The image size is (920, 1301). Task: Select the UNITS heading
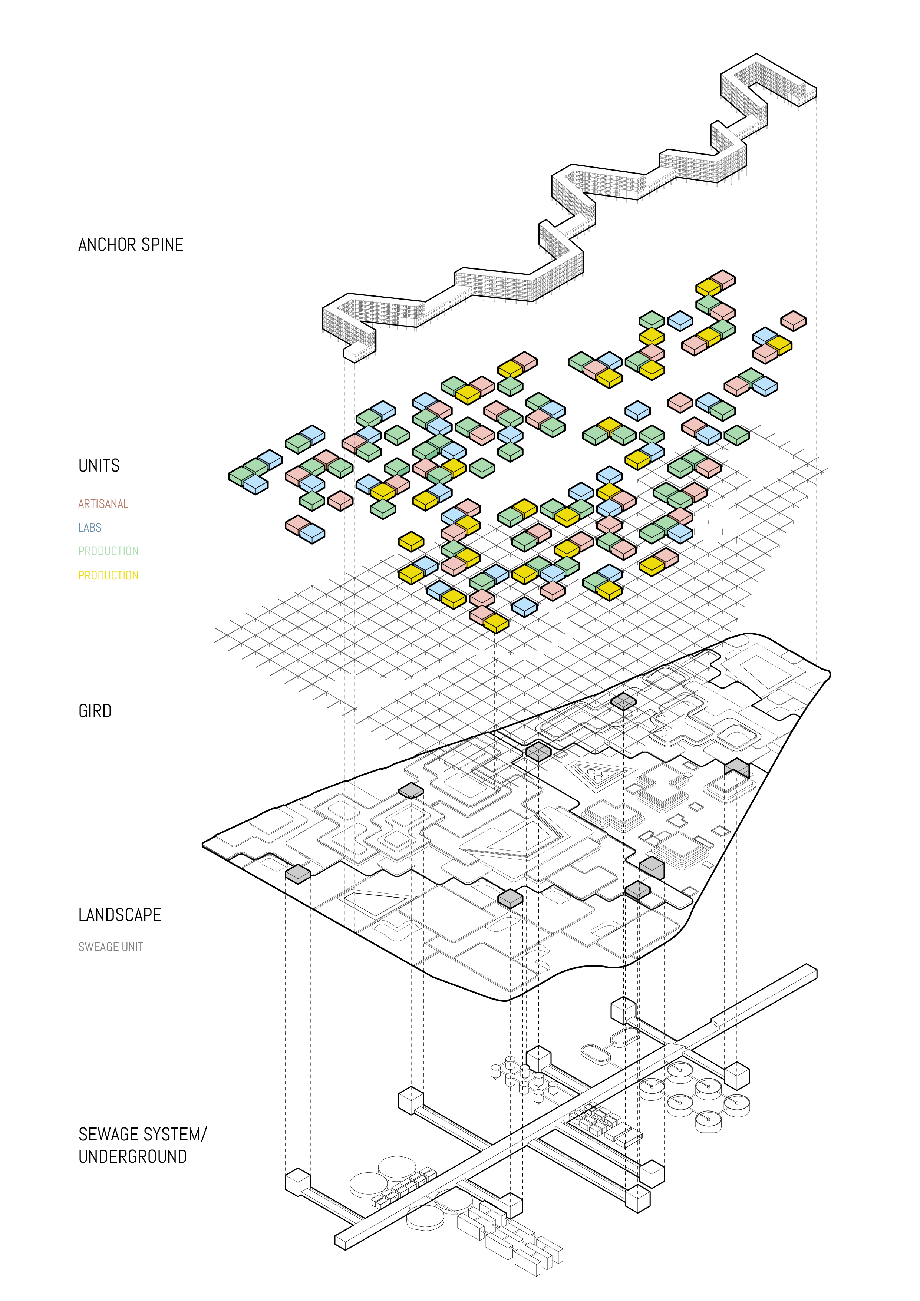[99, 466]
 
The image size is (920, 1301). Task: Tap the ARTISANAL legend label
[103, 504]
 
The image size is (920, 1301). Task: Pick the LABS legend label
[90, 528]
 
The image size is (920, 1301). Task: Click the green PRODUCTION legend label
[108, 551]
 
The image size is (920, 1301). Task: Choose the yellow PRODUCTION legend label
[108, 575]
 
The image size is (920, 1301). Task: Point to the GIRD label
[95, 711]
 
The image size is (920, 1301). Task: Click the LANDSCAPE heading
[120, 915]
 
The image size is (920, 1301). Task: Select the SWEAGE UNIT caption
[111, 947]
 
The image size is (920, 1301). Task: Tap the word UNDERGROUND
[133, 1156]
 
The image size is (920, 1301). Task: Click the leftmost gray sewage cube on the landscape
[298, 873]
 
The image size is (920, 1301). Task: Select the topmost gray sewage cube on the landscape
[623, 701]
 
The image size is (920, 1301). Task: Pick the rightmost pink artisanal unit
[793, 320]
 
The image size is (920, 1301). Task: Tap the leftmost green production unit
[241, 475]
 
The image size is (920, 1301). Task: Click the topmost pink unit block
[722, 279]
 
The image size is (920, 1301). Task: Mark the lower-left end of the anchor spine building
[354, 354]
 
